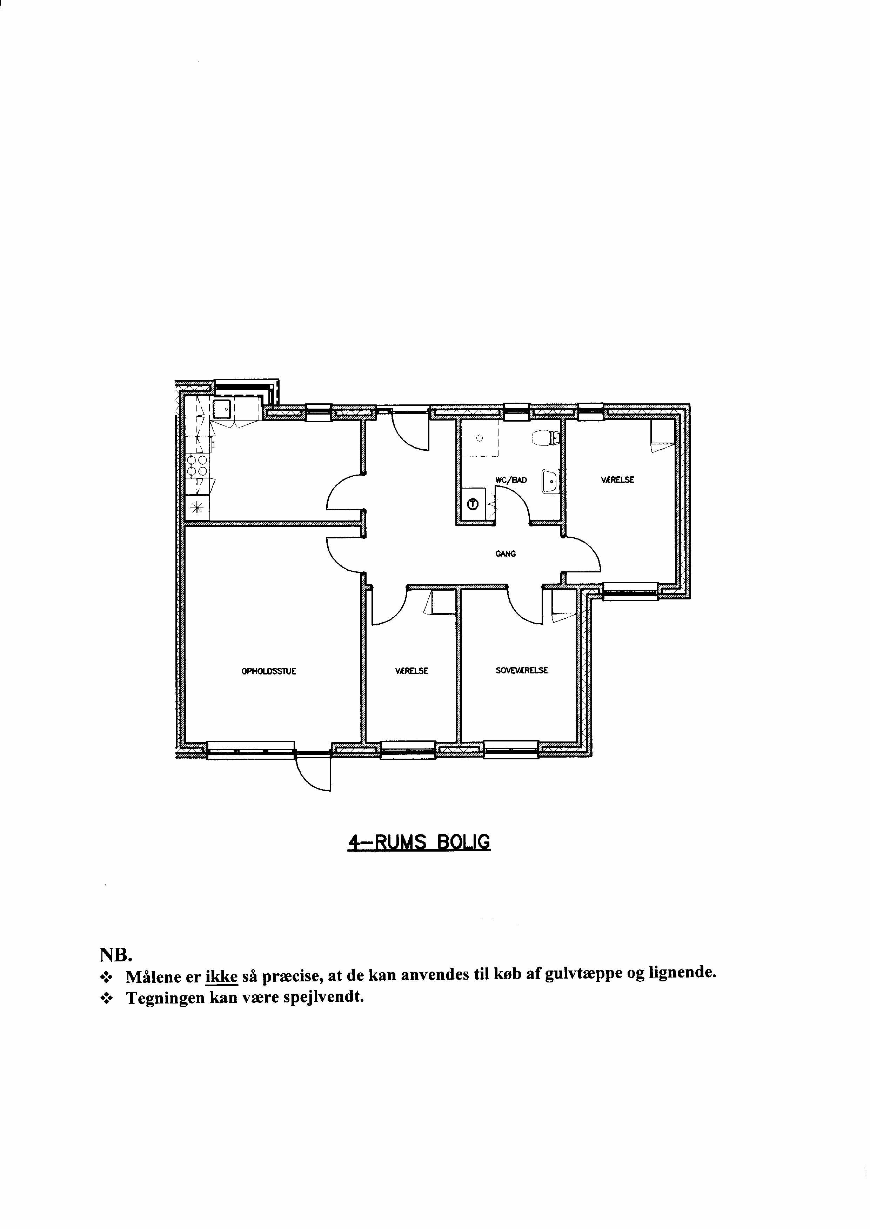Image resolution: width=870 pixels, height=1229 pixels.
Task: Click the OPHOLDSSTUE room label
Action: point(269,671)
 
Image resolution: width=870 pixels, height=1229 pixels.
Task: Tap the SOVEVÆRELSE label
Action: point(522,671)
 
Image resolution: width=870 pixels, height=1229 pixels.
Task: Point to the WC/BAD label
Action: point(511,481)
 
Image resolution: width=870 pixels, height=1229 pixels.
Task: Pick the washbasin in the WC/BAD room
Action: point(550,481)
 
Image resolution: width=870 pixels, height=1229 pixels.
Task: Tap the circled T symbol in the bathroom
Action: point(473,504)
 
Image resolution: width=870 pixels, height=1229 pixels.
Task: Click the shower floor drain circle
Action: point(480,437)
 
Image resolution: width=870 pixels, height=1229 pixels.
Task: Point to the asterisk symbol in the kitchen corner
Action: point(198,508)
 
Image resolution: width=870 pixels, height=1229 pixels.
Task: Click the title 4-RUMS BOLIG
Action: point(419,842)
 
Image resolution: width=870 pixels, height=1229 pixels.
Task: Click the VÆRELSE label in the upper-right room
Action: point(618,480)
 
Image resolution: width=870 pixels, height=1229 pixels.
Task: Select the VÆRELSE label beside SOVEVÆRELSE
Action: point(411,671)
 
